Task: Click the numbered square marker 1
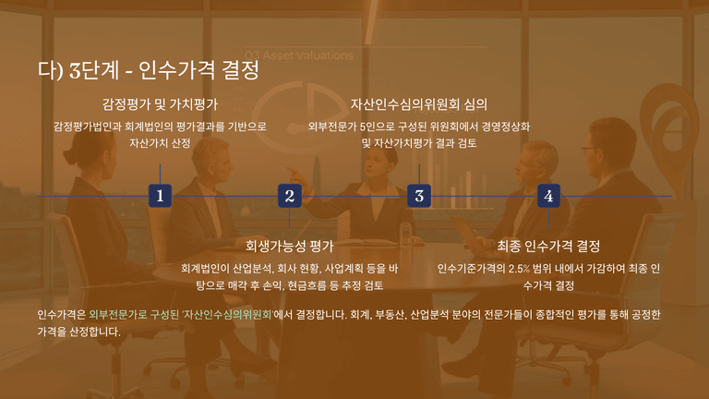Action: click(160, 196)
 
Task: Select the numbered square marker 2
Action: click(290, 196)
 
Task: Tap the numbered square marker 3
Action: click(419, 196)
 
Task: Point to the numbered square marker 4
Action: click(548, 196)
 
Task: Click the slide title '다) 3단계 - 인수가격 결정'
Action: click(149, 69)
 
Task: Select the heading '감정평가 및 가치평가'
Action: click(160, 104)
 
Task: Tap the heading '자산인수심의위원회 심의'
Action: click(419, 104)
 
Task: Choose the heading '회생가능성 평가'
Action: click(289, 246)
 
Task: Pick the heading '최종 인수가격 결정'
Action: click(548, 246)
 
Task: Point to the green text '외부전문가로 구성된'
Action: click(134, 314)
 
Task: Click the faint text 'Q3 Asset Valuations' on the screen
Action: click(299, 55)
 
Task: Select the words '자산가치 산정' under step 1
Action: click(160, 143)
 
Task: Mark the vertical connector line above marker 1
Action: click(160, 175)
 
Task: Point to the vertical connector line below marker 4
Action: click(548, 217)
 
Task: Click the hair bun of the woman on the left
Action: click(71, 156)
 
